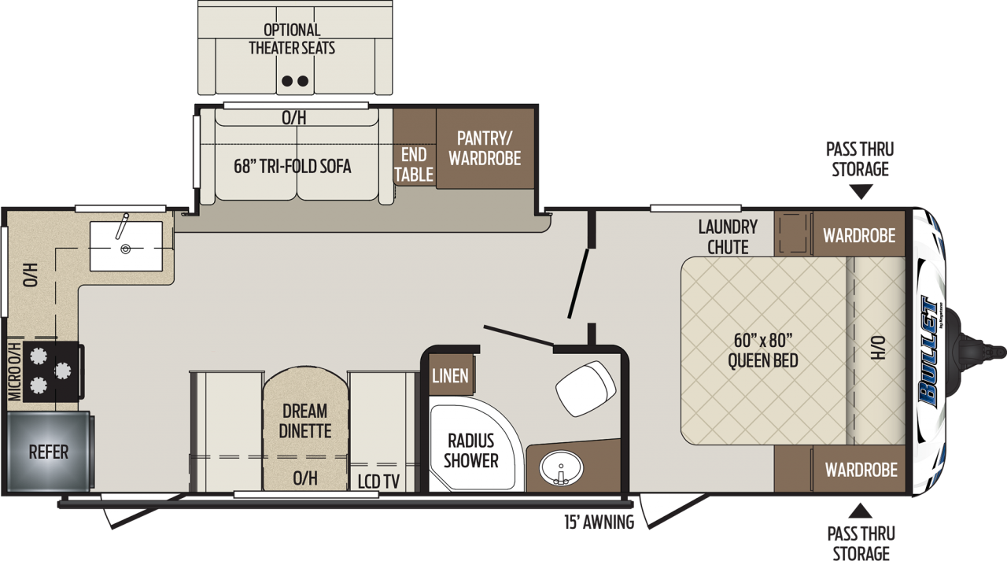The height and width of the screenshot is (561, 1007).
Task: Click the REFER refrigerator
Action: coord(50,450)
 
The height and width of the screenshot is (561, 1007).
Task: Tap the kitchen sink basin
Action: coord(126,246)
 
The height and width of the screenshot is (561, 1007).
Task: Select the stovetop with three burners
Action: coord(53,371)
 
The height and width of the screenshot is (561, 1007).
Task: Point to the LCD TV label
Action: coord(378,482)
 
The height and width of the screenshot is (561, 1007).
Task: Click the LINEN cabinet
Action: coord(451,375)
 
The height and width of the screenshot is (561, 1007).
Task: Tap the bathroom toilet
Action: coord(586,389)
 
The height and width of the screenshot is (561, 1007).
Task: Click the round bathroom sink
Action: coord(561,468)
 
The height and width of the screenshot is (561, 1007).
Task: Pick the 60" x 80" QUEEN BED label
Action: coord(763,350)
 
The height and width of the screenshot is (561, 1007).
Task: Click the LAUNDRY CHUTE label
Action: coord(728,237)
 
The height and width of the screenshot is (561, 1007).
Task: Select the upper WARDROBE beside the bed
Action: coord(858,234)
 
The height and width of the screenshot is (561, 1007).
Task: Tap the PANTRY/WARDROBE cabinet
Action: coord(485,149)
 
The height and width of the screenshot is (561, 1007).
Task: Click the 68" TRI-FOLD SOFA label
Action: coord(292,166)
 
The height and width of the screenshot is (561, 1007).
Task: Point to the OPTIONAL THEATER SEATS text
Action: coord(292,39)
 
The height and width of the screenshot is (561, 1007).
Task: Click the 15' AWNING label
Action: coord(599,522)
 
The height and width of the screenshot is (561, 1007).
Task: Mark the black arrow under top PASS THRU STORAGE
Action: coord(861,193)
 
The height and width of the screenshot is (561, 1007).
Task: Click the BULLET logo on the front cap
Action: coord(929,352)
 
